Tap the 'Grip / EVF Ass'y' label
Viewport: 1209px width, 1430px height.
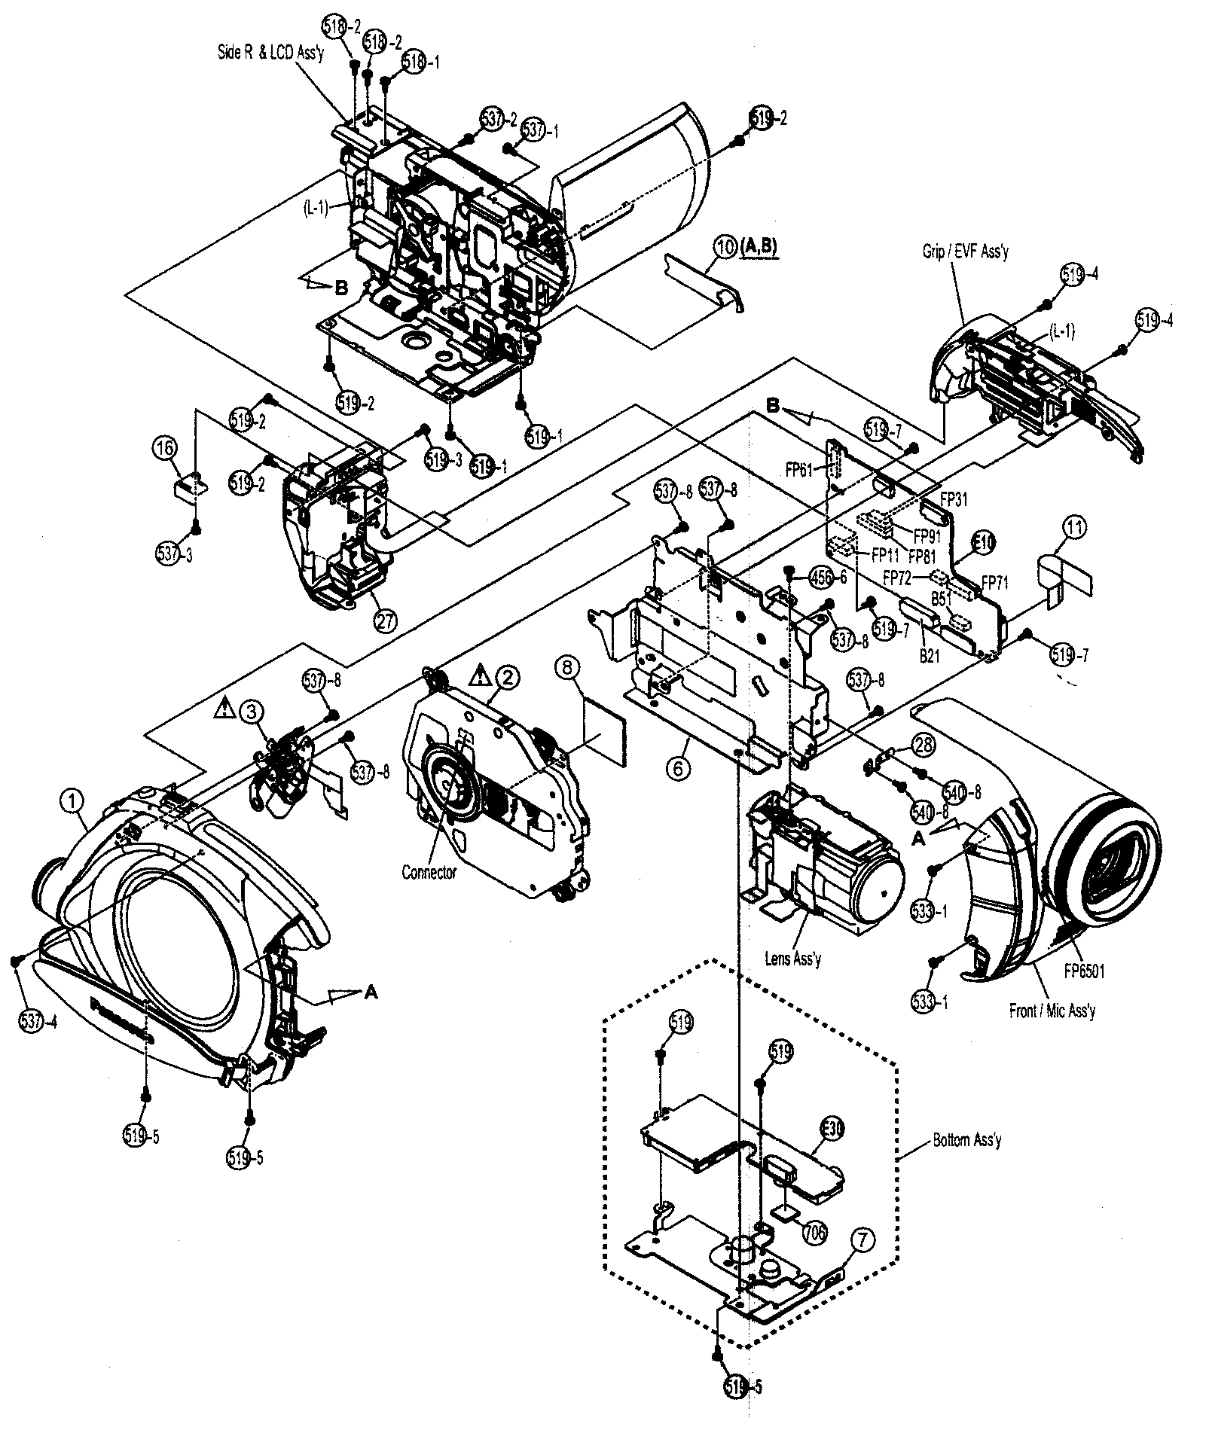[965, 252]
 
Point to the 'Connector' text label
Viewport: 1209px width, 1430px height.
[429, 873]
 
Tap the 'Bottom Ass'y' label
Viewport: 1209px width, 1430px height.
[967, 1140]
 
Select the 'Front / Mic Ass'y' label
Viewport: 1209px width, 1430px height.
[1052, 1011]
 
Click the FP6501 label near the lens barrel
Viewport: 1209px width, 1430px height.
[1084, 971]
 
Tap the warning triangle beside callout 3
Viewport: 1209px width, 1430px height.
[224, 707]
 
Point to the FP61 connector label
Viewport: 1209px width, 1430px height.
[798, 469]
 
